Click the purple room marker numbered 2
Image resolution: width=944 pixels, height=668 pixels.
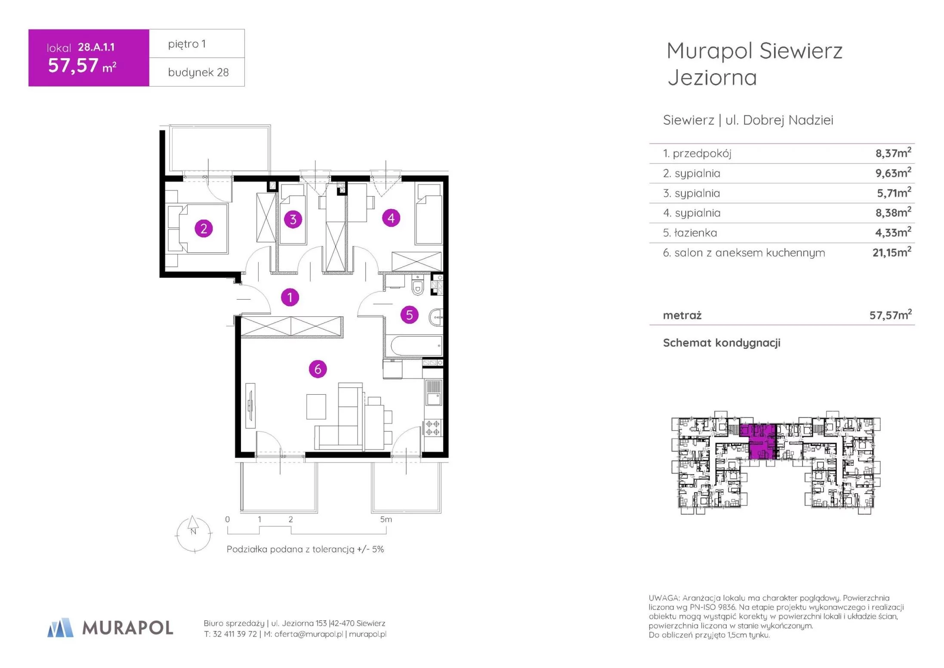pos(204,229)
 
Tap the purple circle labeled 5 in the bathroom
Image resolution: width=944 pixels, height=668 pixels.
pos(409,315)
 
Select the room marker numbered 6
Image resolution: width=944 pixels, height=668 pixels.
pos(318,369)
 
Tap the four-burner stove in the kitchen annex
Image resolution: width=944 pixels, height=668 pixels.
pos(433,428)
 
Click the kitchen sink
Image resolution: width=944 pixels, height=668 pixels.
pos(433,393)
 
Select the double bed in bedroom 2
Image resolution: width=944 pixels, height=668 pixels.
pos(197,229)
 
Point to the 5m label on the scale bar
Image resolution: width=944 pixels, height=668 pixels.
pos(386,520)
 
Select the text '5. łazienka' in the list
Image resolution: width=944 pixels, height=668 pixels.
pos(690,233)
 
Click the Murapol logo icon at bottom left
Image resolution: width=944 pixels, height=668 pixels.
pos(60,628)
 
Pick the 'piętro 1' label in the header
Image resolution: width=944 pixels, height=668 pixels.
pos(187,44)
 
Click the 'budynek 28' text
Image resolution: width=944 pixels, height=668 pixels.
pos(198,72)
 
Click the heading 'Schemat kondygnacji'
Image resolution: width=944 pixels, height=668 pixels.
pos(722,343)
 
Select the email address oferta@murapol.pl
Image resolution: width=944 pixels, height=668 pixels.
pos(308,634)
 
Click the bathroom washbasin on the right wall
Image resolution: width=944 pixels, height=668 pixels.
pos(436,318)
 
